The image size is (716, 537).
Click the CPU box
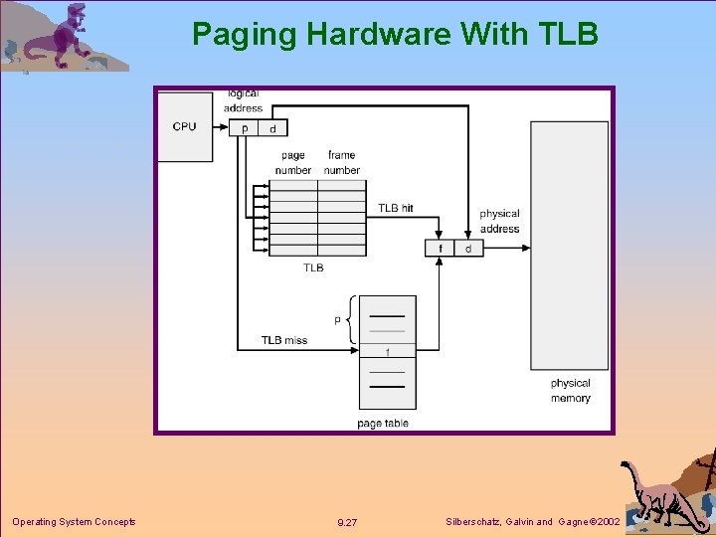click(185, 126)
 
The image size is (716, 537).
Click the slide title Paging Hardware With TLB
click(395, 35)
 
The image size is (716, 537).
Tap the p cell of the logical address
click(245, 128)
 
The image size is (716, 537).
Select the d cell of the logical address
click(272, 128)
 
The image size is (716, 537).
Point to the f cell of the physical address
click(440, 248)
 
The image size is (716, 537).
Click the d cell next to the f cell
click(468, 248)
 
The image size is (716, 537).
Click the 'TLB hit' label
click(395, 208)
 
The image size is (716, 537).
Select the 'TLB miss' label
click(284, 340)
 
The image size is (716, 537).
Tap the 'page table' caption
click(383, 424)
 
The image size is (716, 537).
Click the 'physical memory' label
click(570, 391)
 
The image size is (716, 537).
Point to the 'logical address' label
click(243, 100)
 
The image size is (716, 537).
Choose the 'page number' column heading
click(293, 163)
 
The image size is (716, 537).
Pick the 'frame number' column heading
click(341, 163)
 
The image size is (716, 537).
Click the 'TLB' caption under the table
click(313, 268)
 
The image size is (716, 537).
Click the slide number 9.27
click(347, 522)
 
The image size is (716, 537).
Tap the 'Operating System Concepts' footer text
click(74, 522)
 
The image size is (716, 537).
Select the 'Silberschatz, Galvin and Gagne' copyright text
click(532, 522)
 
